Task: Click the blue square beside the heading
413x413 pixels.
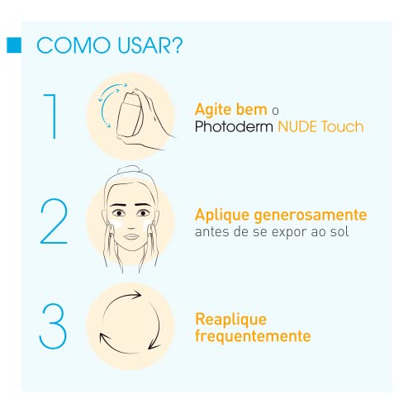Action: click(x=12, y=45)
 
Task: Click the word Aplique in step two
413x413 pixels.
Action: click(x=221, y=214)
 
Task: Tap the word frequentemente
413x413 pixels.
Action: click(x=253, y=336)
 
